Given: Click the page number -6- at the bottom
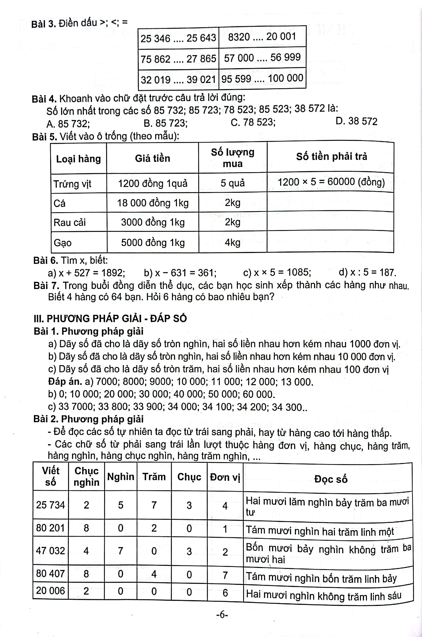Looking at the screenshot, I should tap(222, 615).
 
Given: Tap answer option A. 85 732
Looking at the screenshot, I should tap(68, 124).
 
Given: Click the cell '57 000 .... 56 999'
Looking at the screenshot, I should tap(262, 57).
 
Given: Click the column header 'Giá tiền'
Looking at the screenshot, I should tap(152, 158).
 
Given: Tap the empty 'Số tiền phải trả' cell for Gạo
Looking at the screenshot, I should tap(330, 242).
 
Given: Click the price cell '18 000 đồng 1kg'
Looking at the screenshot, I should tap(153, 203).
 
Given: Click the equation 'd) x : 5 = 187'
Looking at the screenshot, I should tap(367, 272).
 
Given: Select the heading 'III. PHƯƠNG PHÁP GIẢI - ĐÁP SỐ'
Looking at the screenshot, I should tap(110, 318).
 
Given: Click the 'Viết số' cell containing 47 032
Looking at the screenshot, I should tap(50, 551).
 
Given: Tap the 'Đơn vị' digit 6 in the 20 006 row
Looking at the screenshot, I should tap(225, 593).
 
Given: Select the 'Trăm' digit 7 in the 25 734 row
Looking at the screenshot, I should tap(154, 505).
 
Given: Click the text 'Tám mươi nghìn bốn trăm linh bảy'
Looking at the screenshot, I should tap(321, 578).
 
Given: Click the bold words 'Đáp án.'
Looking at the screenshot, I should tap(65, 381).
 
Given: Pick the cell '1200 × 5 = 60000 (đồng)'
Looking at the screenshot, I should tap(331, 182).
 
